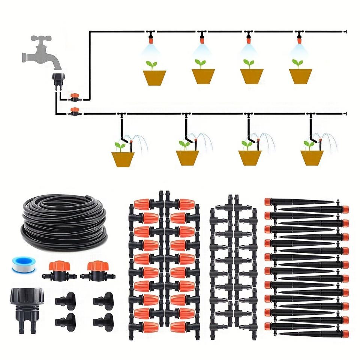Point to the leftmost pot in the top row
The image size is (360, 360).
(x=154, y=77)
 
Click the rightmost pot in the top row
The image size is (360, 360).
(x=300, y=76)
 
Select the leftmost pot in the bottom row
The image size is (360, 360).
(x=123, y=159)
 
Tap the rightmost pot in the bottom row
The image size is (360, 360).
(x=312, y=158)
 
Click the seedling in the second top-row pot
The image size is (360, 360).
(x=200, y=64)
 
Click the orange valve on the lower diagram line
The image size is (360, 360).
(x=75, y=111)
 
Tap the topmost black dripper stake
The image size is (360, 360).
(x=296, y=202)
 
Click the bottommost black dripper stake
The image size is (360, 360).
(x=315, y=333)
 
